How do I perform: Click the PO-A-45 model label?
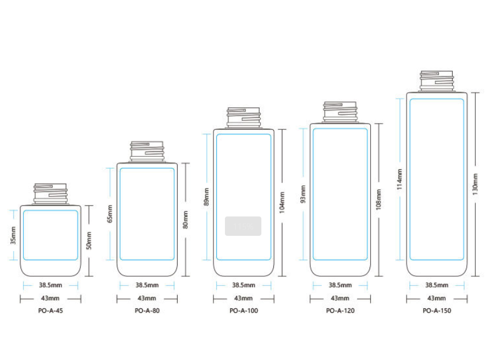pyautogui.click(x=51, y=310)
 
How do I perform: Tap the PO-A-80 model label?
pyautogui.click(x=147, y=310)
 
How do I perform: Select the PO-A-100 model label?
pyautogui.click(x=244, y=310)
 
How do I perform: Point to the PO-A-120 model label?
pyautogui.click(x=340, y=310)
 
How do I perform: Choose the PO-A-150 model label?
pyautogui.click(x=437, y=310)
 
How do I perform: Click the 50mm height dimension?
pyautogui.click(x=89, y=240)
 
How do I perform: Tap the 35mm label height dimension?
pyautogui.click(x=13, y=235)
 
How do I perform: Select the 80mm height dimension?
pyautogui.click(x=186, y=219)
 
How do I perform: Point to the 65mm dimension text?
pyautogui.click(x=110, y=214)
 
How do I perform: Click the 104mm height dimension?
pyautogui.click(x=282, y=202)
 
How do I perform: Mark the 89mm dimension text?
pyautogui.click(x=206, y=197)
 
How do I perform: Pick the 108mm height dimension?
pyautogui.click(x=379, y=199)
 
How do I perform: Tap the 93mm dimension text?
pyautogui.click(x=303, y=194)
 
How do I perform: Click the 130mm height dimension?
pyautogui.click(x=475, y=184)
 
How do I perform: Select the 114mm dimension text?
pyautogui.click(x=400, y=179)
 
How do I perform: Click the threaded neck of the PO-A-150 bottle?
pyautogui.click(x=437, y=81)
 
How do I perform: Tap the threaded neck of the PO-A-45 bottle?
pyautogui.click(x=51, y=194)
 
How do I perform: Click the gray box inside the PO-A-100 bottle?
pyautogui.click(x=243, y=226)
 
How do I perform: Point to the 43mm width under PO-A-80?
pyautogui.click(x=147, y=298)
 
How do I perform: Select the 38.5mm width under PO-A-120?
pyautogui.click(x=340, y=285)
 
